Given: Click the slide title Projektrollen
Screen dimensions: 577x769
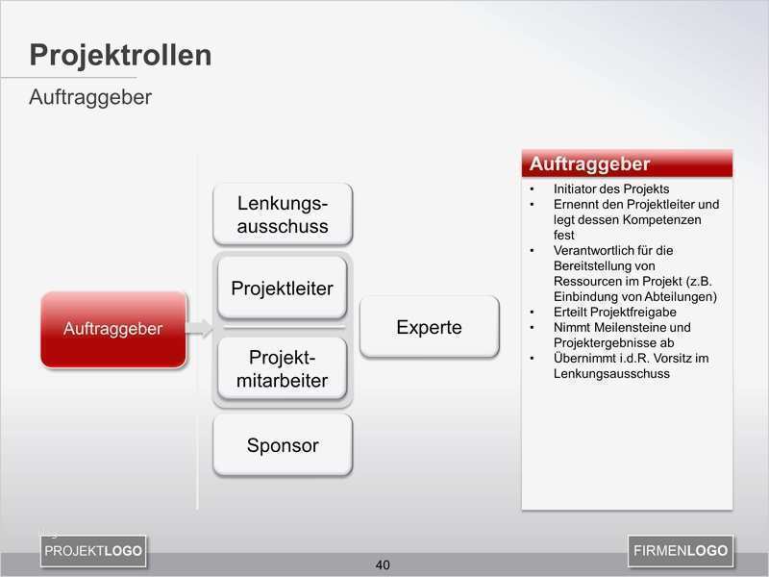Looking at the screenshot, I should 120,55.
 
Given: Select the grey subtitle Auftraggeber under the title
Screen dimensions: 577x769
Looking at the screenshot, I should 90,98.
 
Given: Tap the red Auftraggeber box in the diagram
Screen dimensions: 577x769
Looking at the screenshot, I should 112,329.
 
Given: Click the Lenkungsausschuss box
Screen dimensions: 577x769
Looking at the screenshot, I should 283,214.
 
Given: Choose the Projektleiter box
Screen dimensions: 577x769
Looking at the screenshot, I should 283,288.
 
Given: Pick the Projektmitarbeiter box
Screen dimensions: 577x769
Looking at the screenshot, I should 283,369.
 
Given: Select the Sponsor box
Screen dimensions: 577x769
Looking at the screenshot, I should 283,445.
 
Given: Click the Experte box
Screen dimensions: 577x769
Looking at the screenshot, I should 429,327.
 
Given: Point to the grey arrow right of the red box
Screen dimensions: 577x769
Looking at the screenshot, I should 199,329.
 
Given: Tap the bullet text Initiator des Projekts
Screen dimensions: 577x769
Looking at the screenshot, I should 611,189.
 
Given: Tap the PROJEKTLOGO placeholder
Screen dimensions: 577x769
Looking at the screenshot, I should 93,551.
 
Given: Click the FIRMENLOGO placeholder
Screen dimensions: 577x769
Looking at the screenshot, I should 681,551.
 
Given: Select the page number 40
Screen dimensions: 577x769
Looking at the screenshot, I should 383,564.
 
